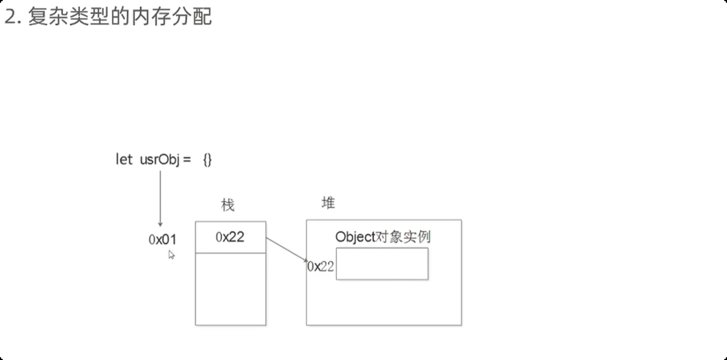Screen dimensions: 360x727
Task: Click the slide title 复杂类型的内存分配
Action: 120,17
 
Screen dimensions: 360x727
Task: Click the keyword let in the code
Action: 124,159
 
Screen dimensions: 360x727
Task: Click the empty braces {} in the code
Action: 207,159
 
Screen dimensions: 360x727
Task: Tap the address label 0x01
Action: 163,239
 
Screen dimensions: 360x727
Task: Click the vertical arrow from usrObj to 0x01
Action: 160,196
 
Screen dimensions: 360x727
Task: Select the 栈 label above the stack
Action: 227,206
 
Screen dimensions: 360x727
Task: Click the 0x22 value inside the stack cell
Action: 230,237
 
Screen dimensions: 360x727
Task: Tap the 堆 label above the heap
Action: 328,203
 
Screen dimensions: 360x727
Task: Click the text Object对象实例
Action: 382,237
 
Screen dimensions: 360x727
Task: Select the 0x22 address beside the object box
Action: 321,267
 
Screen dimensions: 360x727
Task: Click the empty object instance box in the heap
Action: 382,264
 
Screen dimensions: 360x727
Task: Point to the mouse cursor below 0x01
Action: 171,255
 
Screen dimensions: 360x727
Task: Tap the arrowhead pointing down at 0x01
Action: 160,224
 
